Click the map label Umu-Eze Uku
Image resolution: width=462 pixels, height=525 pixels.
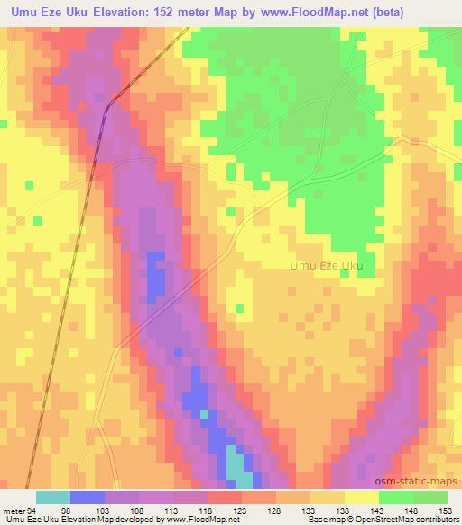point(326,265)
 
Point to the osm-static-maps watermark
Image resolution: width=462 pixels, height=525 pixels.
point(423,483)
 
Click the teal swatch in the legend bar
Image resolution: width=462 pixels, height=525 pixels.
point(53,497)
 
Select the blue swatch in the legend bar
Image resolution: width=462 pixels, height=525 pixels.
point(88,497)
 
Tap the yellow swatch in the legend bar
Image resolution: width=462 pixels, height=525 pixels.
point(361,497)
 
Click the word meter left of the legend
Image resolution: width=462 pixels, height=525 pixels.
point(14,510)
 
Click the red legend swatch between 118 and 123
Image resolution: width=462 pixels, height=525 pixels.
point(225,497)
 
